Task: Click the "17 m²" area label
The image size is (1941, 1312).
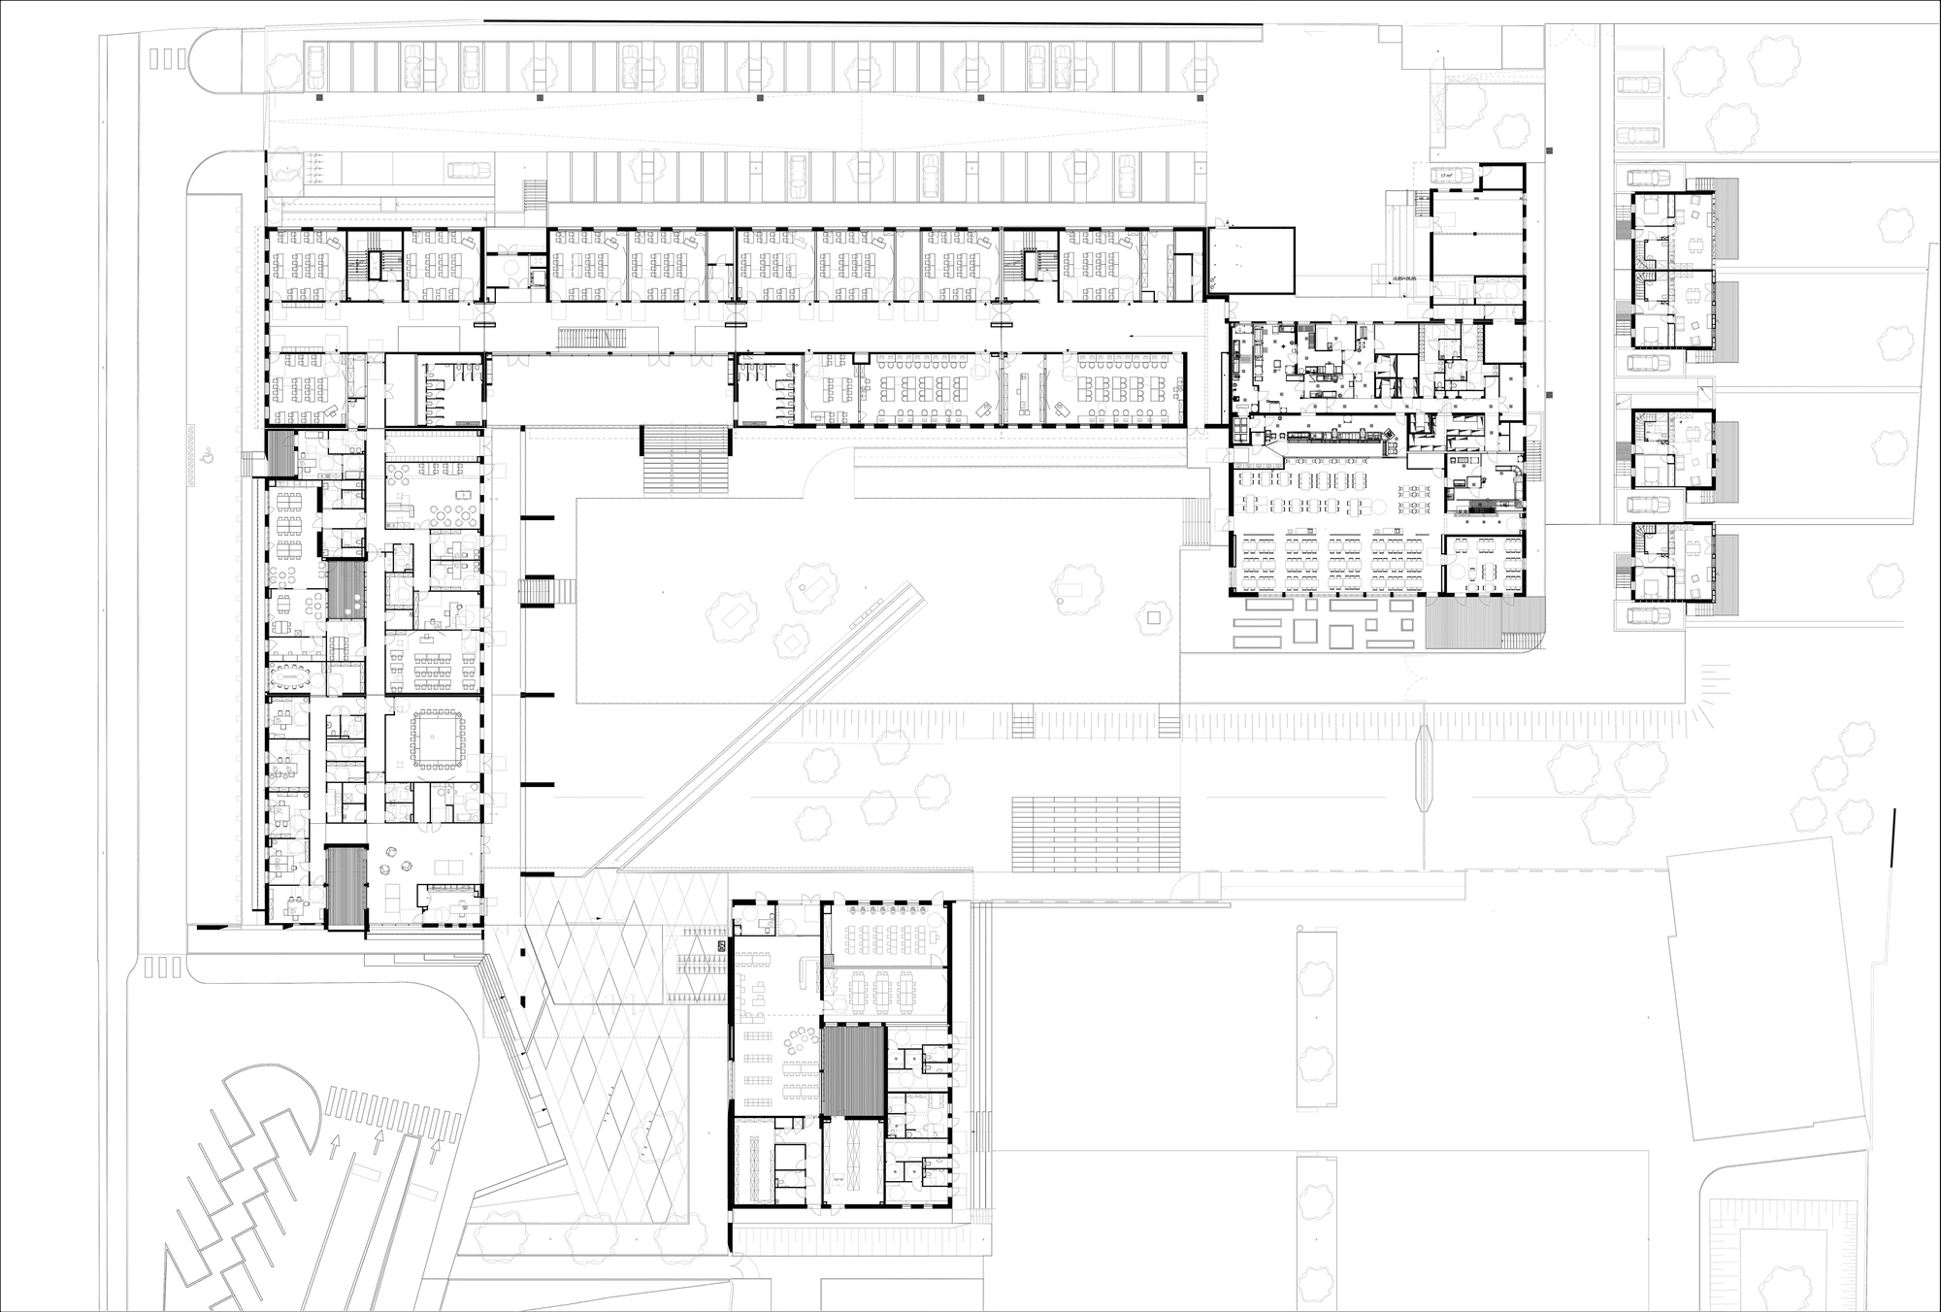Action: click(x=1446, y=176)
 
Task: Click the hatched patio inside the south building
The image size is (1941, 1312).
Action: click(x=852, y=1071)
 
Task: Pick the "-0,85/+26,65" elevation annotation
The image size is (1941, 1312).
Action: click(x=1404, y=279)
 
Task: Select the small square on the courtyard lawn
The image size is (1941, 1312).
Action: click(x=1154, y=618)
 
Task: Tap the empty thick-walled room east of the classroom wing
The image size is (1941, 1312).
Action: click(x=1252, y=260)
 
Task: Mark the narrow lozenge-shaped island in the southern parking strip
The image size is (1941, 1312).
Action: click(x=1426, y=767)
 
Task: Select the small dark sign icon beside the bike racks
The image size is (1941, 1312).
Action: click(x=721, y=945)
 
